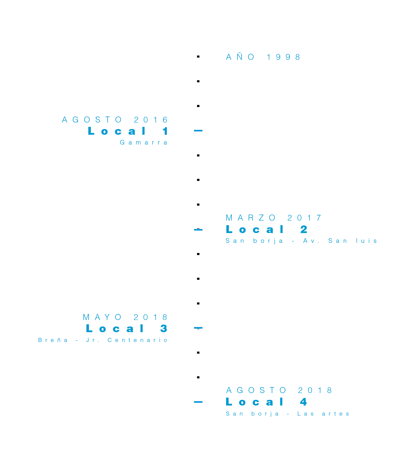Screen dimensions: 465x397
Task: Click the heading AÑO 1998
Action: (263, 57)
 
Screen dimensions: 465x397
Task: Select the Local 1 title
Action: (128, 131)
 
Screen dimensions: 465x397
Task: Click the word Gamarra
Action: (143, 143)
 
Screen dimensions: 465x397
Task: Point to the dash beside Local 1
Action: (198, 131)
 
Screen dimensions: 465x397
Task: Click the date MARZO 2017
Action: (274, 218)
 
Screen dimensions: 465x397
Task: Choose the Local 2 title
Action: (267, 230)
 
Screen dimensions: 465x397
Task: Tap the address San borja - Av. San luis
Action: (301, 241)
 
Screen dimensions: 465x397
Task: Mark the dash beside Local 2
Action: (198, 230)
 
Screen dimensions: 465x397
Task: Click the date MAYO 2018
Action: (125, 317)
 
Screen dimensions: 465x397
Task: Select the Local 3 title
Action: (126, 329)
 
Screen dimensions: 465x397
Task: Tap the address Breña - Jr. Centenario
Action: (103, 340)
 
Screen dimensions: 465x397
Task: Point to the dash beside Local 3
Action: (198, 328)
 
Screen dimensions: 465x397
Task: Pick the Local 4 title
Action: (266, 402)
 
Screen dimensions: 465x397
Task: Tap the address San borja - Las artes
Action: (287, 414)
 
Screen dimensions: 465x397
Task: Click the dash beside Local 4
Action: (198, 402)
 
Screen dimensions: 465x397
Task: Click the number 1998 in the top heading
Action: (283, 57)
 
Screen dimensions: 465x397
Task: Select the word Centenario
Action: (137, 340)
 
